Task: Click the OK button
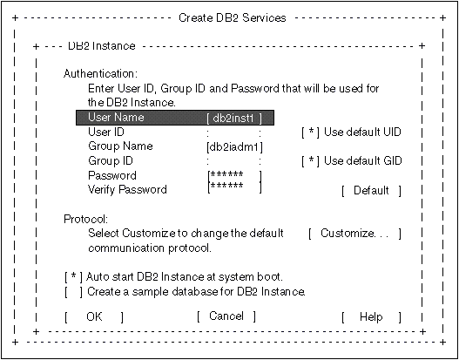[x=94, y=317]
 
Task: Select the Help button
[x=371, y=317]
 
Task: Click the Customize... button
[x=354, y=234]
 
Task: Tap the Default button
[x=371, y=191]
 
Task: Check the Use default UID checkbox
[x=311, y=132]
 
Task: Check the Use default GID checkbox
[x=311, y=161]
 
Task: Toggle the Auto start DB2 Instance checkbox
[x=73, y=277]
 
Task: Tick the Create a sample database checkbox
[x=73, y=292]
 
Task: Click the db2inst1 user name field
[x=234, y=119]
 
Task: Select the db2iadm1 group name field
[x=234, y=147]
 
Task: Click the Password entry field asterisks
[x=226, y=174]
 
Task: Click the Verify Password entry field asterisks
[x=226, y=186]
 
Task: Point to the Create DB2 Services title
[x=233, y=18]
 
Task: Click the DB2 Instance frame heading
[x=102, y=46]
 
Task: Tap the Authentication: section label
[x=100, y=74]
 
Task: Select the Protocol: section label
[x=86, y=219]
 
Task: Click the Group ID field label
[x=111, y=160]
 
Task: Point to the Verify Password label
[x=127, y=189]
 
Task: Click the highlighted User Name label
[x=116, y=118]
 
